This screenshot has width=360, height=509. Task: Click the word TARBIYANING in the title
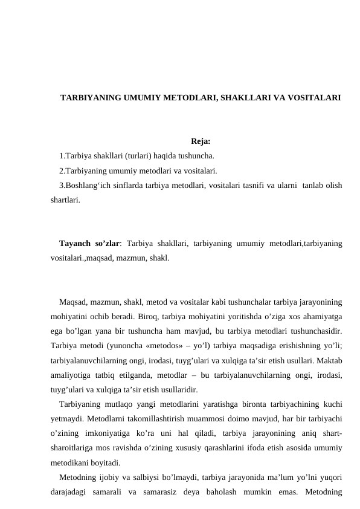coord(89,97)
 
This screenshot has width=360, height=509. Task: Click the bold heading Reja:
coord(201,142)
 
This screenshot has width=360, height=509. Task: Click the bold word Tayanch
coord(76,244)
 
